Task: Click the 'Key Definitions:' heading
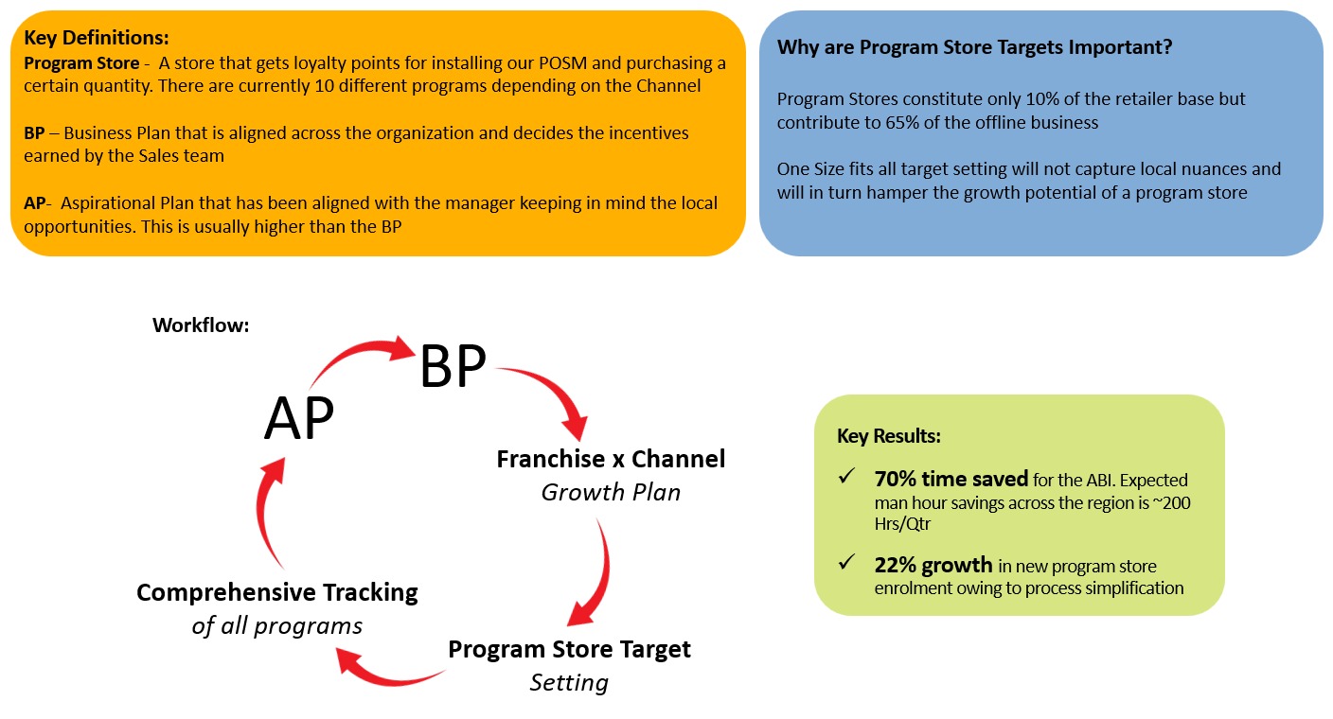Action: click(x=97, y=38)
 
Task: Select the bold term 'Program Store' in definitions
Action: click(x=81, y=63)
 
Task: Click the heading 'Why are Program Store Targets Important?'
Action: click(x=974, y=47)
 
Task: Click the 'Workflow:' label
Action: click(x=201, y=325)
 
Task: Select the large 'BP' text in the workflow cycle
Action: click(x=453, y=366)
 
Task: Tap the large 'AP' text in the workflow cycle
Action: click(x=299, y=418)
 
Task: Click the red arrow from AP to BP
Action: click(x=357, y=352)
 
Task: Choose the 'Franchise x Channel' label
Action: click(x=611, y=459)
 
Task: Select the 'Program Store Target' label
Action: click(x=570, y=649)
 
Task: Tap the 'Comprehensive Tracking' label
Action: click(x=277, y=592)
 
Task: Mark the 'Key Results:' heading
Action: click(x=888, y=436)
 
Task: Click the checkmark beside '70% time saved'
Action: click(x=846, y=476)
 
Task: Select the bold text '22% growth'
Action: click(x=933, y=565)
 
